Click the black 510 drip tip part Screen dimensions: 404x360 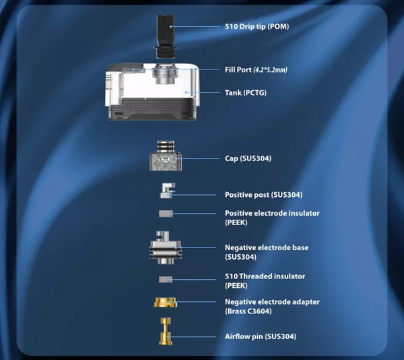pos(164,36)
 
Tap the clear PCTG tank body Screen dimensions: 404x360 pos(152,92)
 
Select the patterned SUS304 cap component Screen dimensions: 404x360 pos(166,156)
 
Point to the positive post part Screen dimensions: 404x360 pos(168,191)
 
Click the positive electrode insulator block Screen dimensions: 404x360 pos(166,214)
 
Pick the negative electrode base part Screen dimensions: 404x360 pos(166,247)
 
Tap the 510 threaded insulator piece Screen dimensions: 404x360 pos(166,280)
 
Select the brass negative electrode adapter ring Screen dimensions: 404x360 pos(166,302)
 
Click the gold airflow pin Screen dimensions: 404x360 pos(166,332)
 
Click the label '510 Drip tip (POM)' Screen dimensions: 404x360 pos(257,26)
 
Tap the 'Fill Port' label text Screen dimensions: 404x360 pos(238,69)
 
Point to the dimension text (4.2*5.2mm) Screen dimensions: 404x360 pos(270,70)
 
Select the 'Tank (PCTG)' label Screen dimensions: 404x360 pos(246,92)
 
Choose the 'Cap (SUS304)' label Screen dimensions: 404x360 pos(248,158)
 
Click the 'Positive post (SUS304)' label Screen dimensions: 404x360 pos(263,195)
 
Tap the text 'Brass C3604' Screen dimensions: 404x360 pos(248,311)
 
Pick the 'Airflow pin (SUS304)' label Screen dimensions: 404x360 pos(261,336)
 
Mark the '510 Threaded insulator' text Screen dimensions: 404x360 pos(265,276)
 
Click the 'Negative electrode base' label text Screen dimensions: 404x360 pos(267,248)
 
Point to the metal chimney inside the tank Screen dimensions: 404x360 pos(164,73)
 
